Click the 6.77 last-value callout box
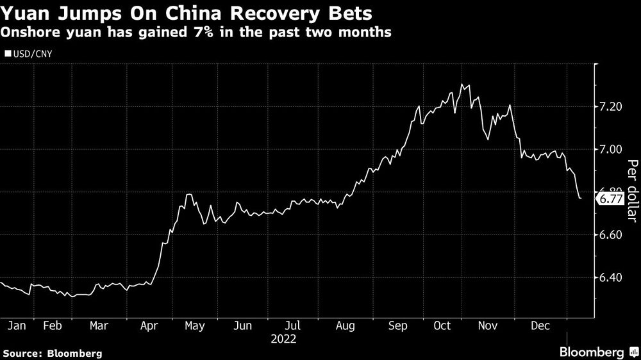(610, 200)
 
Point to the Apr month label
(149, 325)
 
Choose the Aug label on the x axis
(345, 325)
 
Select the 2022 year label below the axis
(286, 338)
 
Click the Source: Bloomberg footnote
(53, 353)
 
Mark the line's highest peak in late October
(462, 85)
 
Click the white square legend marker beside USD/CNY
(7, 54)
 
